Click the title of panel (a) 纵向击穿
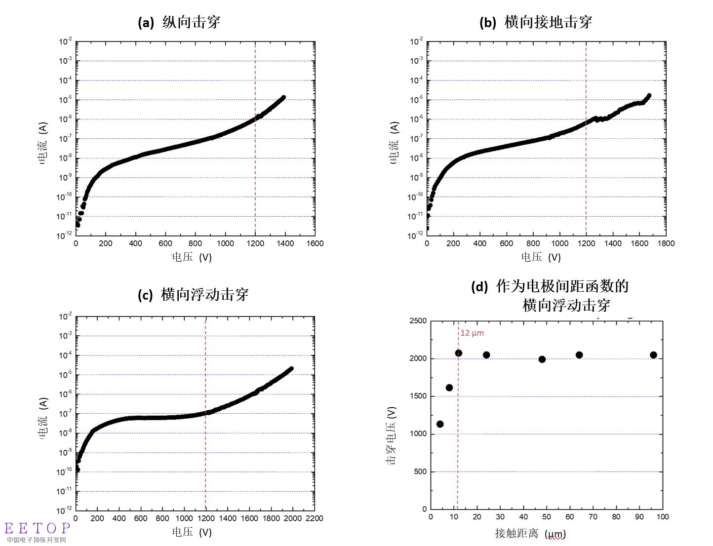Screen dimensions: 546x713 click(x=179, y=22)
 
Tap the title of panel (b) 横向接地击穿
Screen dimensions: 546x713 click(x=536, y=22)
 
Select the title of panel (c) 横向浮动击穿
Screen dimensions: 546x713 click(x=193, y=295)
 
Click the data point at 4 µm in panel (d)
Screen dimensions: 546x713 click(x=440, y=424)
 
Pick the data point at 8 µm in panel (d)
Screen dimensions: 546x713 click(x=449, y=388)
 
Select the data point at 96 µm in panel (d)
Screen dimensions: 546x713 click(x=653, y=355)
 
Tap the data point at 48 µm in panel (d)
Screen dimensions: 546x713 click(x=542, y=359)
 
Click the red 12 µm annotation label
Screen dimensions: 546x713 click(x=472, y=333)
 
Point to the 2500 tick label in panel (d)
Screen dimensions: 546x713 click(x=418, y=321)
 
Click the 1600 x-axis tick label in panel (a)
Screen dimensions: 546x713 click(x=315, y=243)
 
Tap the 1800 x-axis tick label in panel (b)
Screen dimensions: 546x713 click(x=666, y=243)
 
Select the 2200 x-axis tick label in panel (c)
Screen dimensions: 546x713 click(x=314, y=518)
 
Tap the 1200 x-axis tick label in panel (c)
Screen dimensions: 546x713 click(x=206, y=518)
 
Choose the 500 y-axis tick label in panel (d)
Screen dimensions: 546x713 click(x=420, y=471)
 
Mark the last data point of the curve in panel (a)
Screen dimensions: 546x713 click(x=283, y=97)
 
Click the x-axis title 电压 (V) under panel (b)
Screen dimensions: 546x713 click(x=541, y=257)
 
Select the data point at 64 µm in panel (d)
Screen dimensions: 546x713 click(x=579, y=355)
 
